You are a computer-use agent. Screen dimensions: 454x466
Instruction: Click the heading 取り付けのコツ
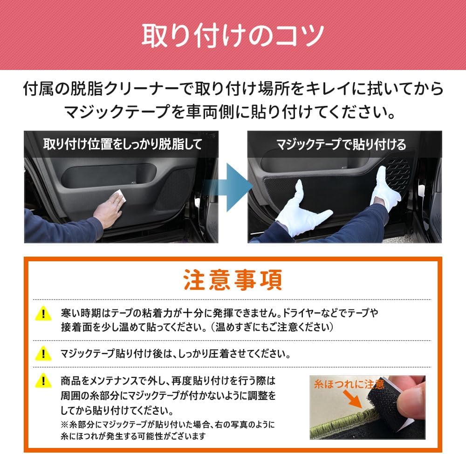233,35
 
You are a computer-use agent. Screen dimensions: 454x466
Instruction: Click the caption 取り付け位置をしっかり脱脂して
122,144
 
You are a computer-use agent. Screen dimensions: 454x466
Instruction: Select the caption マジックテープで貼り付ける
341,144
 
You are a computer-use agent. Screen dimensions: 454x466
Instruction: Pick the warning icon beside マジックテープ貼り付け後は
43,353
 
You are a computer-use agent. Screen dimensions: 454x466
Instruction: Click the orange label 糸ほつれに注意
349,384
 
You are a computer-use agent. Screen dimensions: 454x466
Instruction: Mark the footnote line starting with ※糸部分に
168,425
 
